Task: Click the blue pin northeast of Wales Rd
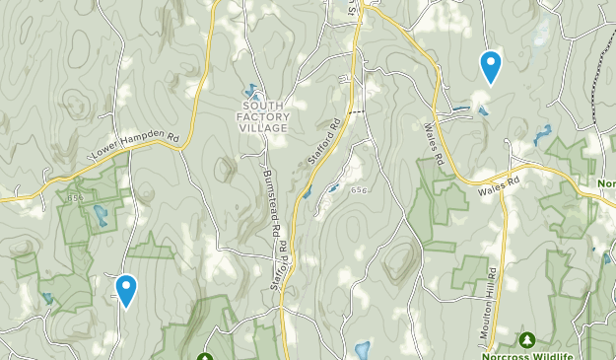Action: tap(490, 65)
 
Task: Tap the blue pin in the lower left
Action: tap(126, 289)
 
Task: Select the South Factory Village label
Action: tap(262, 116)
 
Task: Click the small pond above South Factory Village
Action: tap(250, 90)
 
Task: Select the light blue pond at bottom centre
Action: tap(362, 349)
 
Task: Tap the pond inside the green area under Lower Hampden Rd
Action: tap(99, 214)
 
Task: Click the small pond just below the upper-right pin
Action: tap(483, 109)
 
